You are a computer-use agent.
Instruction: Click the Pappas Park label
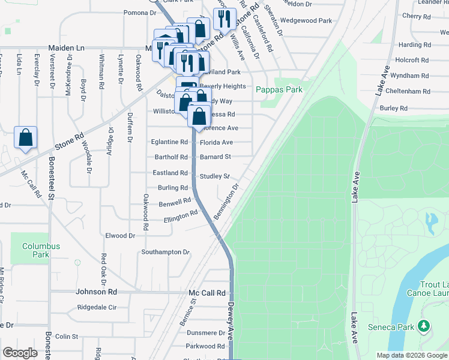(279, 89)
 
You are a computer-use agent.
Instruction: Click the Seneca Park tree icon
(424, 326)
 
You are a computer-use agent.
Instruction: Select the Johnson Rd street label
(97, 292)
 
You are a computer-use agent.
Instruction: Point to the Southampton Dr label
(165, 252)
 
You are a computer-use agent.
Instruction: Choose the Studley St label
(215, 176)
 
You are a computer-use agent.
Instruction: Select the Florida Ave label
(216, 143)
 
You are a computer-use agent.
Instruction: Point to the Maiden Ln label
(66, 47)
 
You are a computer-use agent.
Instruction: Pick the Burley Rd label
(394, 108)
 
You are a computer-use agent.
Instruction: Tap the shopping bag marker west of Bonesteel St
(26, 139)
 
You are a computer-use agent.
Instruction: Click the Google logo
(20, 353)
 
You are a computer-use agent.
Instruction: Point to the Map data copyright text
(411, 355)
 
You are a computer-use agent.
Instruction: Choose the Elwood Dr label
(120, 236)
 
